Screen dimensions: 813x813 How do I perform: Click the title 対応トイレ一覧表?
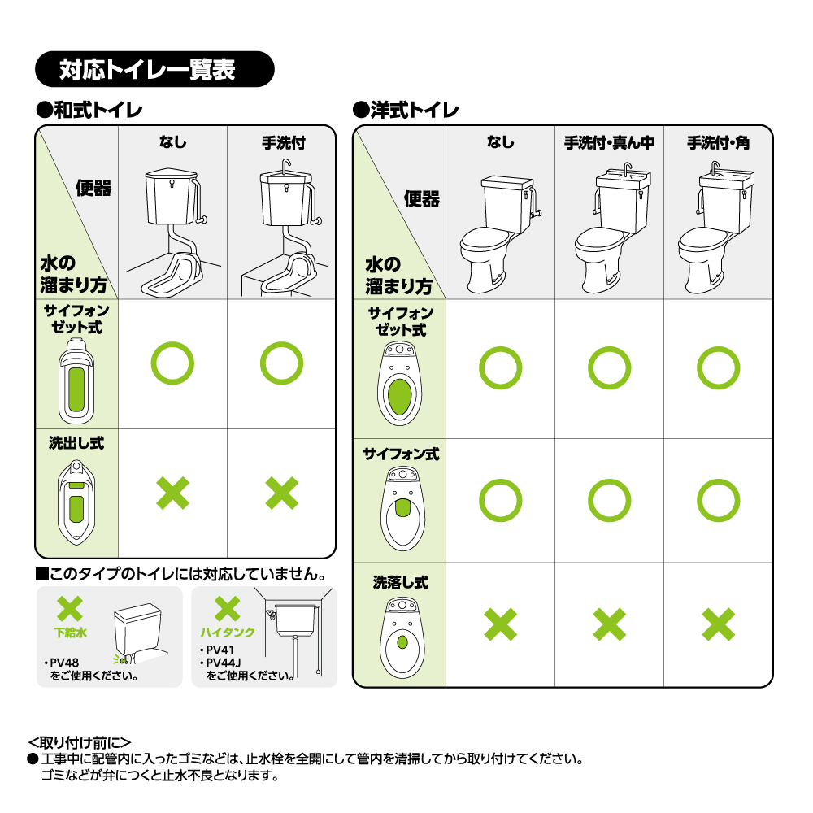(147, 69)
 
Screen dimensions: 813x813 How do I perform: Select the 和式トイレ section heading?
(89, 110)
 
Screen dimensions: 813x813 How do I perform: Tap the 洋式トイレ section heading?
(406, 110)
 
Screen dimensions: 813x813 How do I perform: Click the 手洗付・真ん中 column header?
(609, 142)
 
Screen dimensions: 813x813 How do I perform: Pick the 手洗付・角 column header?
(718, 142)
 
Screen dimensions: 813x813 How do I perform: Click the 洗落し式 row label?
(401, 582)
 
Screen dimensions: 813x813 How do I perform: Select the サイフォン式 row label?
(401, 454)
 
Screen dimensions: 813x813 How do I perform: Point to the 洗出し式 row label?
(76, 443)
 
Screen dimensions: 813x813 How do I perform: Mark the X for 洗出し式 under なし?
(172, 493)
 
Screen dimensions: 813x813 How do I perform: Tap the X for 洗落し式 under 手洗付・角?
(718, 624)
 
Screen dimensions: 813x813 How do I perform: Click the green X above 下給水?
(70, 608)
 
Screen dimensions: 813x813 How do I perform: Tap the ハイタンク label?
(228, 632)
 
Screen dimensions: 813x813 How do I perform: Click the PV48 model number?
(64, 663)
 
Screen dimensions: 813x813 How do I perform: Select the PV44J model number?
(224, 663)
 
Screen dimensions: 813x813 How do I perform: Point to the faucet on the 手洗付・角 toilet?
(715, 168)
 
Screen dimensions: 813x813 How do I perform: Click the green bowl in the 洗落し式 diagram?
(402, 642)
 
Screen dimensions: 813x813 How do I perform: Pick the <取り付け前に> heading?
(80, 742)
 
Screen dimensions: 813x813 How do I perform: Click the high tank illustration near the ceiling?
(296, 620)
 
